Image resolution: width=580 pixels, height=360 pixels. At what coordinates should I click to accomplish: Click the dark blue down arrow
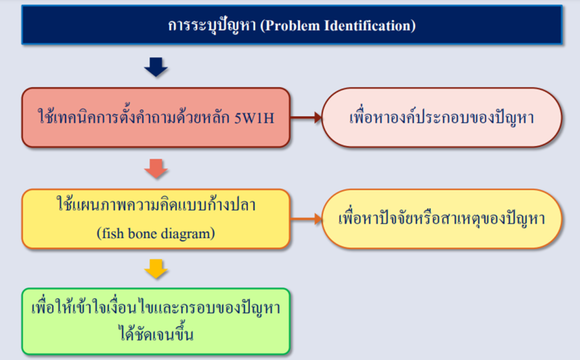[156, 67]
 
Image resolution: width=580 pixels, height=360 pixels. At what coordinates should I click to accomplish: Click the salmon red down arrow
[156, 168]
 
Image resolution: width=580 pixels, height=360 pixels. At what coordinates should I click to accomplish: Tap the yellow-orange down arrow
[156, 268]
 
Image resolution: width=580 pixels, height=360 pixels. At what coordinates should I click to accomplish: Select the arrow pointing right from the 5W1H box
[306, 118]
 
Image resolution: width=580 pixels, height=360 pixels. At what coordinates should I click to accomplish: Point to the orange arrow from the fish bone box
[306, 219]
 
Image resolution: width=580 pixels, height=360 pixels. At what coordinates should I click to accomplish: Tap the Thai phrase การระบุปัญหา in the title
[213, 25]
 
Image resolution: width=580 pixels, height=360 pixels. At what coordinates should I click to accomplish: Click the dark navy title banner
[292, 25]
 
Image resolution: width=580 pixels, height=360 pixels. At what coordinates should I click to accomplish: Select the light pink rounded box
[442, 118]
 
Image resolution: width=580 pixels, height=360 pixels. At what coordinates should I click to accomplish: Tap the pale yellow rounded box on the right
[442, 219]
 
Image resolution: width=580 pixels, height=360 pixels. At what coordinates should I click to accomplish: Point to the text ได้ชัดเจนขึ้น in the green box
[156, 334]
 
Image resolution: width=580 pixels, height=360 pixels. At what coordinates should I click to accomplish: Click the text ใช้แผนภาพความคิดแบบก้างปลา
[156, 204]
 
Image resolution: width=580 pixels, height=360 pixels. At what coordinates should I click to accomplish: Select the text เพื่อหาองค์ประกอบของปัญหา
[442, 118]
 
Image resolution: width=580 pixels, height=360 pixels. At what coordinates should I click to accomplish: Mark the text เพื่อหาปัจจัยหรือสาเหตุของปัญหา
[442, 219]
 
